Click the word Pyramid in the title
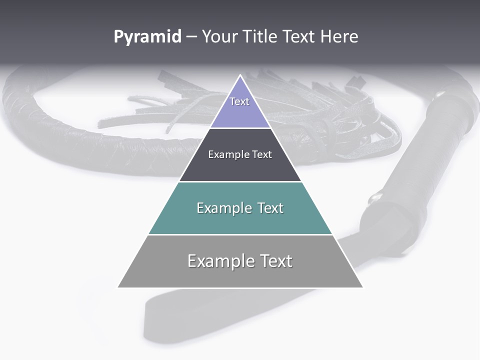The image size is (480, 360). point(147,37)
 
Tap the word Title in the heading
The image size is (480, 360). point(262,37)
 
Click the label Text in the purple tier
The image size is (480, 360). point(239,101)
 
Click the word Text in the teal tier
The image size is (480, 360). point(270,208)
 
